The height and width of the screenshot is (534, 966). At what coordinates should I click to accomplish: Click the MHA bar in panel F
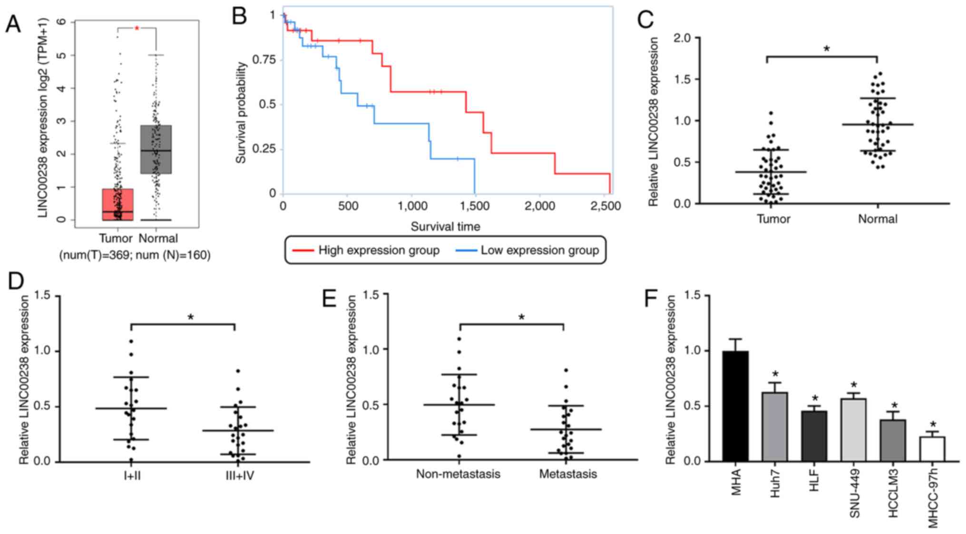[x=735, y=406]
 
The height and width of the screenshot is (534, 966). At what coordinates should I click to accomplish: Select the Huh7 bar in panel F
[x=775, y=427]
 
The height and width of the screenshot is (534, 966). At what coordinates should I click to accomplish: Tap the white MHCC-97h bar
[x=932, y=449]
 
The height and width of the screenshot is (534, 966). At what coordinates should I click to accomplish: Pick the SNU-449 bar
[x=854, y=430]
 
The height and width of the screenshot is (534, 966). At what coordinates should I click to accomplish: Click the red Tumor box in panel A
[x=118, y=204]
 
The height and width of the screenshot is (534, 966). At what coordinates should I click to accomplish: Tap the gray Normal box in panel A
[x=156, y=149]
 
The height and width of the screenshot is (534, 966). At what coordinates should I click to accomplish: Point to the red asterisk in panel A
[x=137, y=29]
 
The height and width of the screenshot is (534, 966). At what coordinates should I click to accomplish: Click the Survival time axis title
[x=445, y=227]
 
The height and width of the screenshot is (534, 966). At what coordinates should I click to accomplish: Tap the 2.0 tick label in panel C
[x=683, y=38]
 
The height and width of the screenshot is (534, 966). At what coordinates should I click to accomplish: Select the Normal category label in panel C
[x=878, y=219]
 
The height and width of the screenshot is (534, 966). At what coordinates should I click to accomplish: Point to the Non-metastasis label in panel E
[x=458, y=474]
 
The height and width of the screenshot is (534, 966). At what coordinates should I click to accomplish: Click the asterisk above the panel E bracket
[x=521, y=318]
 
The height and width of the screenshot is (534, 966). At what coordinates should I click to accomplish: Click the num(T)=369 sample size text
[x=94, y=255]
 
